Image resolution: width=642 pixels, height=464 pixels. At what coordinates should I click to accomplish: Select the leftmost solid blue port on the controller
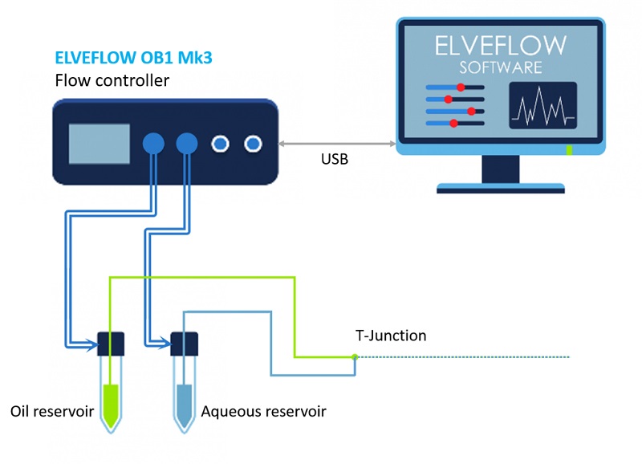click(x=153, y=144)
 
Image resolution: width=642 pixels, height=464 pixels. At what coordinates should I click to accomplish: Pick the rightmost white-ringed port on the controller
click(x=253, y=144)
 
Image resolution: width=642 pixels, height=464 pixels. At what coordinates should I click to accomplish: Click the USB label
click(x=334, y=159)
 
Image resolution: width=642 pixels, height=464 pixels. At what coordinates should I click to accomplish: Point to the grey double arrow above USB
click(x=338, y=144)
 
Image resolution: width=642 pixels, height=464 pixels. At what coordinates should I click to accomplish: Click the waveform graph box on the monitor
click(x=542, y=105)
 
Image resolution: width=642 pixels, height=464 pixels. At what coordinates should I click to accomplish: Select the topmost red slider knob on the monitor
click(x=461, y=87)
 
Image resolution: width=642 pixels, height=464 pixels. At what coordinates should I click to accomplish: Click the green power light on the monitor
click(x=569, y=150)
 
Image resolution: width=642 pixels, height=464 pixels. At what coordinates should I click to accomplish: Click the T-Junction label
click(x=391, y=336)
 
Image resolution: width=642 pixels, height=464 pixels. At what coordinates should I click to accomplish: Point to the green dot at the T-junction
click(x=354, y=356)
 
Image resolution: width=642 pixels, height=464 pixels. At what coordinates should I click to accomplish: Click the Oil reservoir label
click(x=53, y=412)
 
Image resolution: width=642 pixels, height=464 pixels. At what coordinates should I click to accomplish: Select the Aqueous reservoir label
click(x=264, y=412)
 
